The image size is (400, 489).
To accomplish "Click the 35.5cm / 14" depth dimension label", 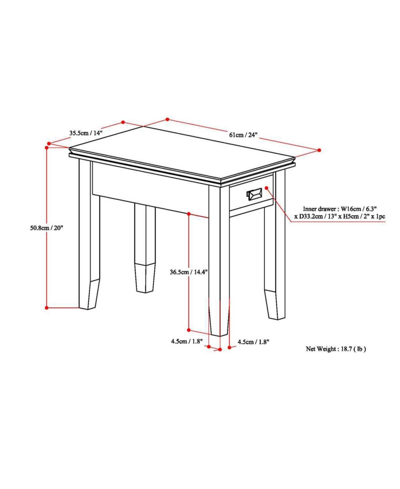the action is (86, 133).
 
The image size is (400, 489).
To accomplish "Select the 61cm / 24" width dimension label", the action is (243, 135).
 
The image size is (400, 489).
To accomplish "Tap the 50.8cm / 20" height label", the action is (46, 228).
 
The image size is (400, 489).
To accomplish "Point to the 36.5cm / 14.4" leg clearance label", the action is (188, 272).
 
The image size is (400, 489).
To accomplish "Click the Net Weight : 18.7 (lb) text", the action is (336, 355).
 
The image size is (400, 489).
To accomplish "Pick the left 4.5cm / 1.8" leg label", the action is (187, 342).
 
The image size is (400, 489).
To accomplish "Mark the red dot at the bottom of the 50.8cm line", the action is (47, 308).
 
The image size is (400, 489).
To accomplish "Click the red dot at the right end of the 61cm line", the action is (319, 150).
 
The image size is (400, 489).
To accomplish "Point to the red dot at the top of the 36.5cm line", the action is (189, 213).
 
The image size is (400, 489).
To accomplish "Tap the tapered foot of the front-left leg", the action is (89, 295).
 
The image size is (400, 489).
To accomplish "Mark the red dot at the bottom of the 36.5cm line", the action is (189, 330).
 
